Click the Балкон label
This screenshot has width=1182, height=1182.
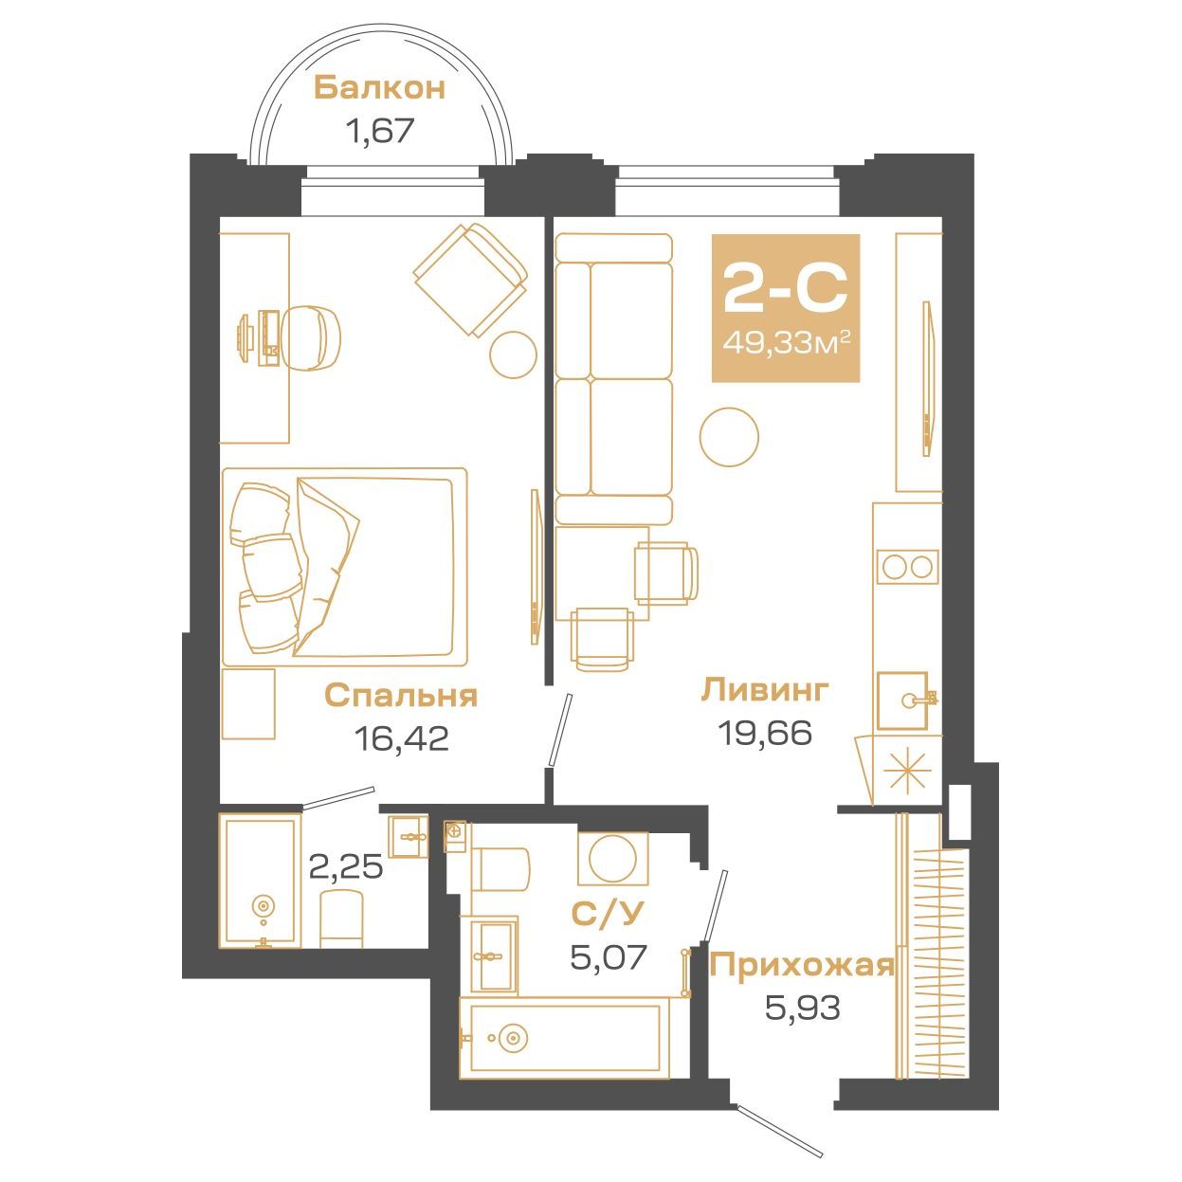[379, 89]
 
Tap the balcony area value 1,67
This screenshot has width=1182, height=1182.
[380, 130]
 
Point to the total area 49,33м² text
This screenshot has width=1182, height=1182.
[787, 343]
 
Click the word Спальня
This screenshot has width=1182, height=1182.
[401, 696]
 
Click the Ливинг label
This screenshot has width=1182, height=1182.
[765, 689]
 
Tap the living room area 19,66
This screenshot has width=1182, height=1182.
[766, 732]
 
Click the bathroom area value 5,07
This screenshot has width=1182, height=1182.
[608, 957]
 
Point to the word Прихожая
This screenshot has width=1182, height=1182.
[802, 967]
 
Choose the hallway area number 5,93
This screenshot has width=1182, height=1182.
[802, 1008]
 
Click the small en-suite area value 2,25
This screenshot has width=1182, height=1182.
[346, 866]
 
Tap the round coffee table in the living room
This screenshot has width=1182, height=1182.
[729, 437]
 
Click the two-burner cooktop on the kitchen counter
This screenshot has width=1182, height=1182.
[907, 566]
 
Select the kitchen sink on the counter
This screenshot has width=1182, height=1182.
[901, 700]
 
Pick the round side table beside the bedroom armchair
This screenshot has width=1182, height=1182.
[514, 355]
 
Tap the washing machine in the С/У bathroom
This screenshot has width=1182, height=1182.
[612, 859]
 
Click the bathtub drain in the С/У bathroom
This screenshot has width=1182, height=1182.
[510, 1038]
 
